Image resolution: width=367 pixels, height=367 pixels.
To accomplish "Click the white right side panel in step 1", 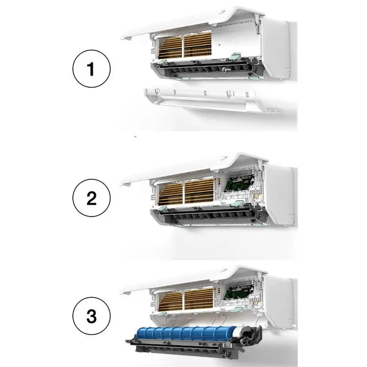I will coord(278,52).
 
